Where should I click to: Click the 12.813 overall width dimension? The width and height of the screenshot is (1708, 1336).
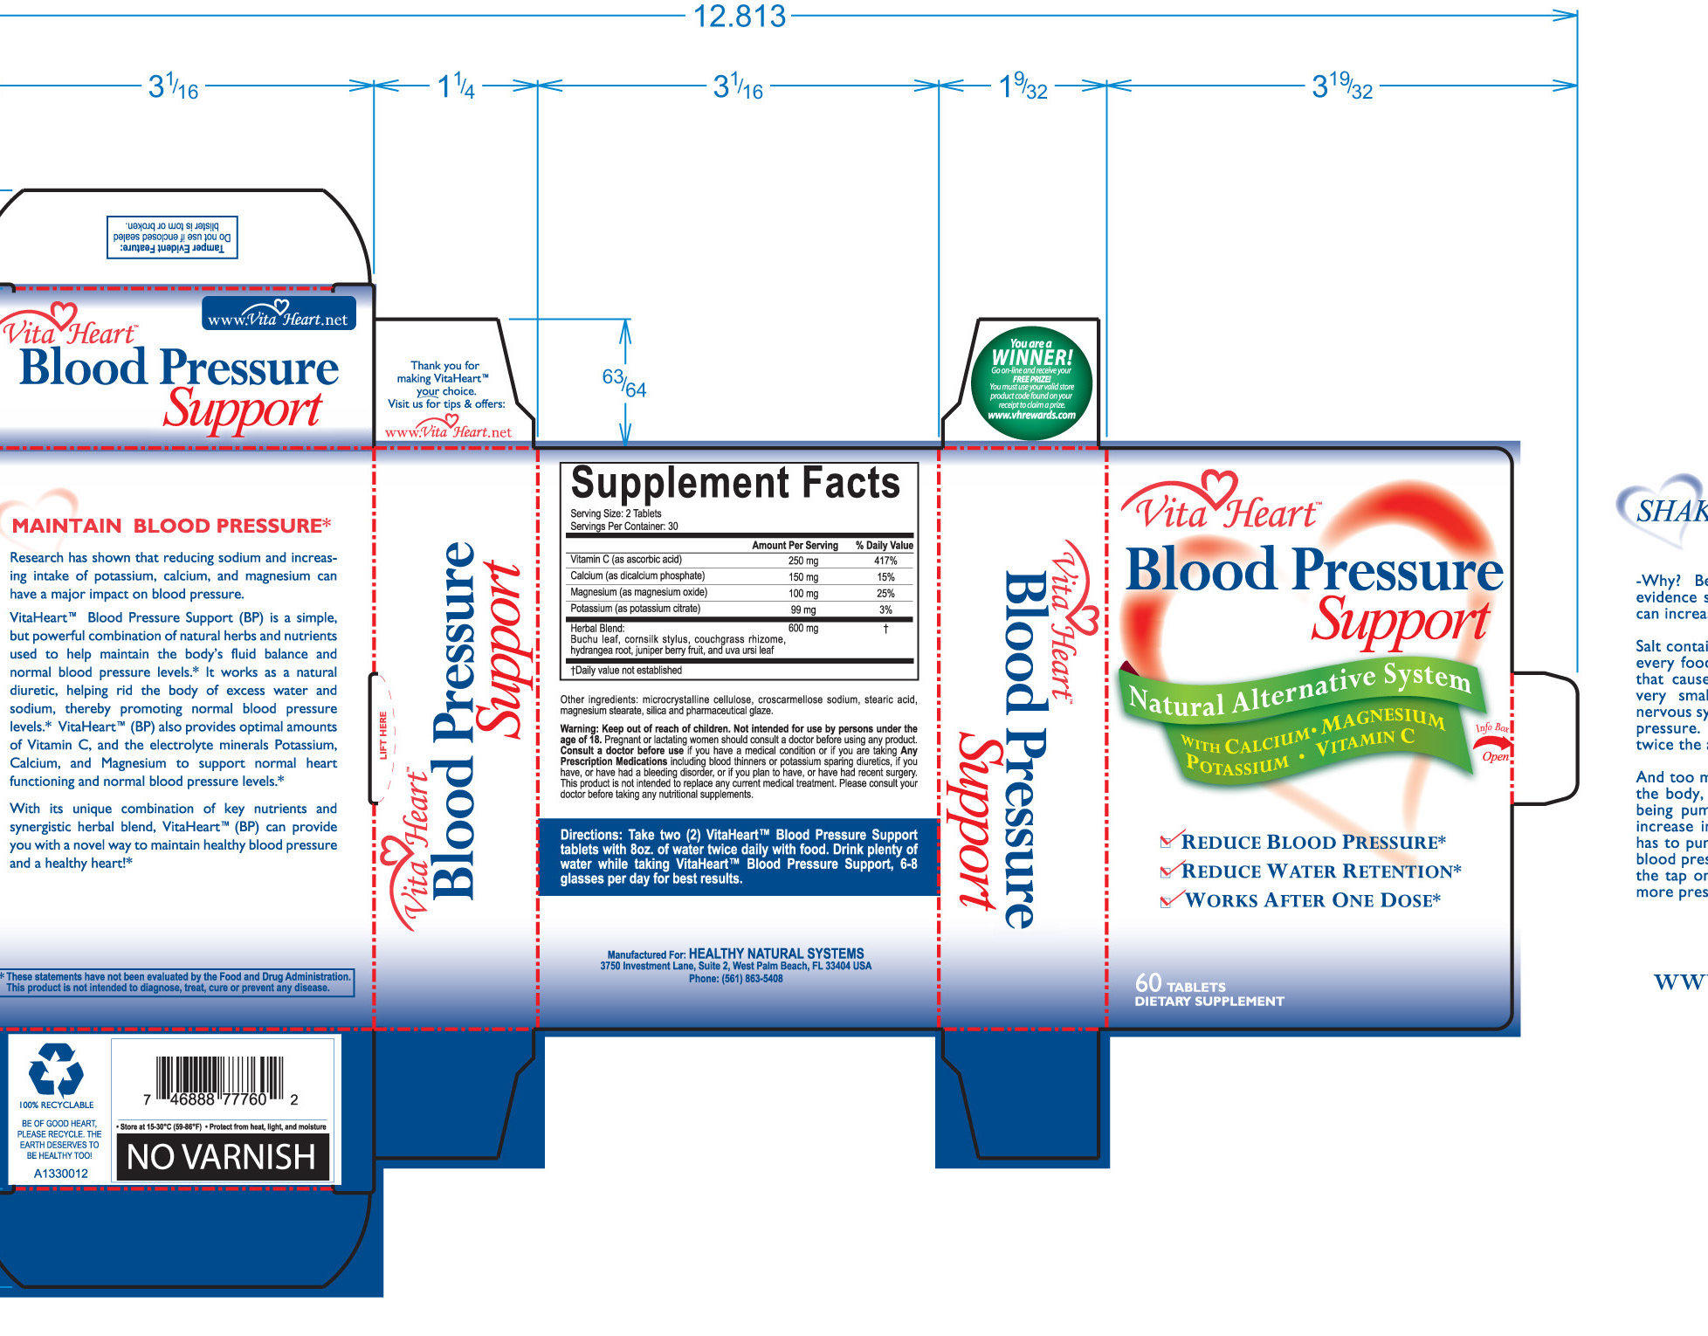pos(739,17)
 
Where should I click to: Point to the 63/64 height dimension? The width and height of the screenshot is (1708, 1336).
pos(623,383)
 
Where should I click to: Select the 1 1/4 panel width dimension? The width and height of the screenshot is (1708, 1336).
pos(456,86)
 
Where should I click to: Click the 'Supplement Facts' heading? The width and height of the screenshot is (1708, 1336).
pos(735,483)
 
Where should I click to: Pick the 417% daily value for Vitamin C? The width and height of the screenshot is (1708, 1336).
pos(885,561)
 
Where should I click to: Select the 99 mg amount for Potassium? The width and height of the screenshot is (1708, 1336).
pos(802,609)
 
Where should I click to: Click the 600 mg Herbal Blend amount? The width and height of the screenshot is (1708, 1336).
pos(802,629)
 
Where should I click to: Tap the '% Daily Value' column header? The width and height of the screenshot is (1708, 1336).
pos(884,546)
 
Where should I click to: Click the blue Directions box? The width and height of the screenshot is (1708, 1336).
pos(738,857)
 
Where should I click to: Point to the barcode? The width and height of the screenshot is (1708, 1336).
pos(221,1079)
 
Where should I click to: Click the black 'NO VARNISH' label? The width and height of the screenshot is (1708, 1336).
pos(222,1157)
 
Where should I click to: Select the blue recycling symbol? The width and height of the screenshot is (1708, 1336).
pos(56,1070)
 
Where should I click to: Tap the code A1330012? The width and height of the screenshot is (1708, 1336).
pos(60,1174)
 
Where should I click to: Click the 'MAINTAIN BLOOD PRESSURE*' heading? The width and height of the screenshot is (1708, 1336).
pos(171,526)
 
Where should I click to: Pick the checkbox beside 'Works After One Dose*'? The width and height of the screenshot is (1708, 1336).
pos(1167,900)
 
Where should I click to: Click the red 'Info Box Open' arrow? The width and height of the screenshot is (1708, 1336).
pos(1492,743)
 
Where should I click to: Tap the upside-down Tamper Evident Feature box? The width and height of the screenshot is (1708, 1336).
pos(172,237)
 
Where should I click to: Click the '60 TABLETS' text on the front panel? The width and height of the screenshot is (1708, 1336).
pos(1180,984)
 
